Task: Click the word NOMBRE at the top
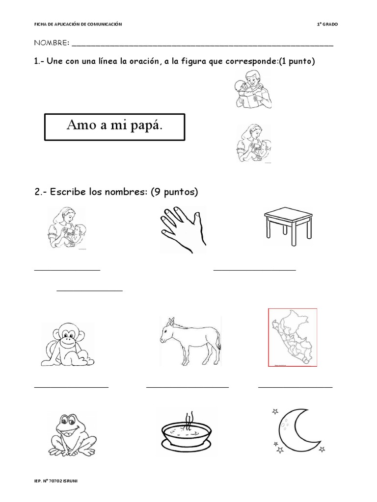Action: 51,43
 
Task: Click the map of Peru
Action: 292,337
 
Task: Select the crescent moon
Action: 291,428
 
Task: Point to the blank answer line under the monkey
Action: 71,387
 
